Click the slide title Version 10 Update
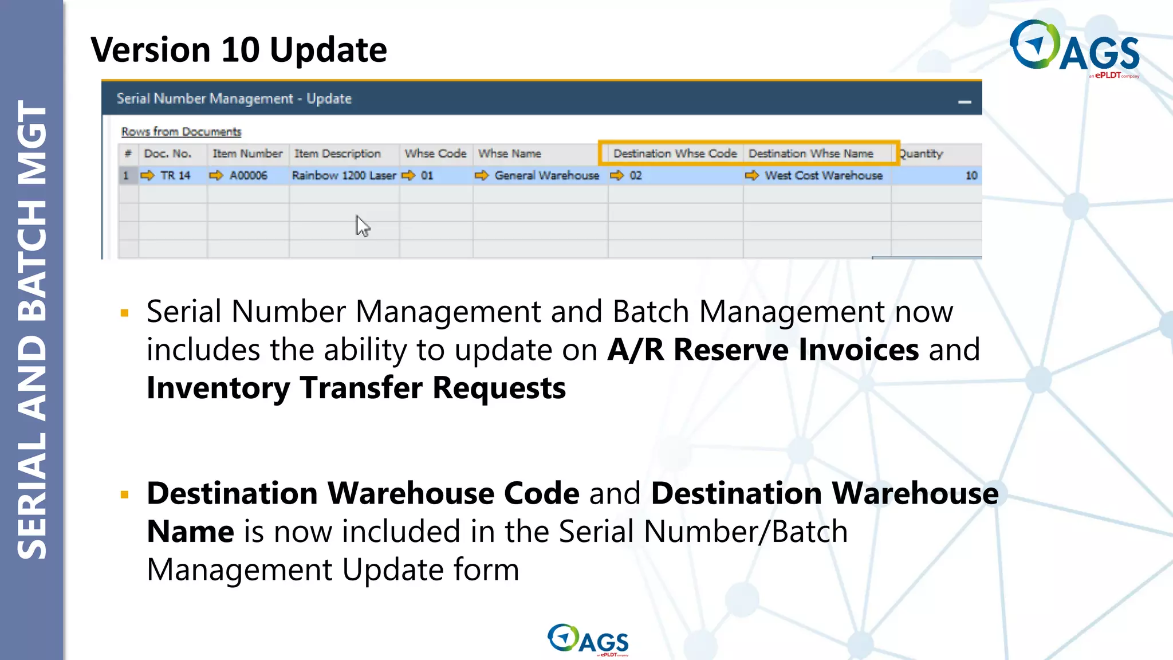click(x=239, y=50)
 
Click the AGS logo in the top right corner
click(x=1074, y=48)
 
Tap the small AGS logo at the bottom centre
click(x=588, y=639)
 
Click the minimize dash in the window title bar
click(x=965, y=102)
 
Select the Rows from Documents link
click(x=181, y=132)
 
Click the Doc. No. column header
click(x=168, y=154)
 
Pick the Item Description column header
click(x=337, y=154)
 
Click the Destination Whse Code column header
click(x=675, y=154)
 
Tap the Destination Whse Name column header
click(x=810, y=154)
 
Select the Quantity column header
click(x=920, y=154)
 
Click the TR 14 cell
click(x=175, y=175)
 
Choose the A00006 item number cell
click(x=249, y=175)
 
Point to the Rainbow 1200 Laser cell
click(x=344, y=175)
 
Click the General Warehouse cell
click(x=546, y=175)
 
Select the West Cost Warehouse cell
click(x=823, y=175)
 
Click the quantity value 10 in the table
click(x=971, y=175)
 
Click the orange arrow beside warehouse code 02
click(x=617, y=175)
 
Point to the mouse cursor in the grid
click(x=362, y=226)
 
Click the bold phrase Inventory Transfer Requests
click(x=356, y=388)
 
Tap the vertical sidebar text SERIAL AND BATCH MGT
click(x=32, y=330)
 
